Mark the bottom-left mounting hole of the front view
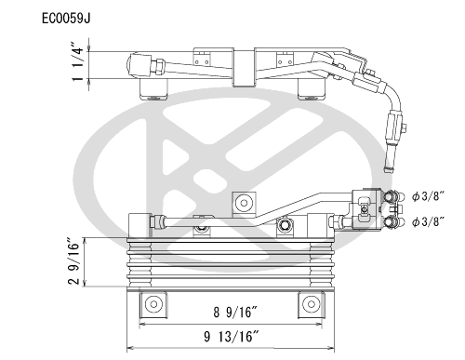[x=150, y=303]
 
